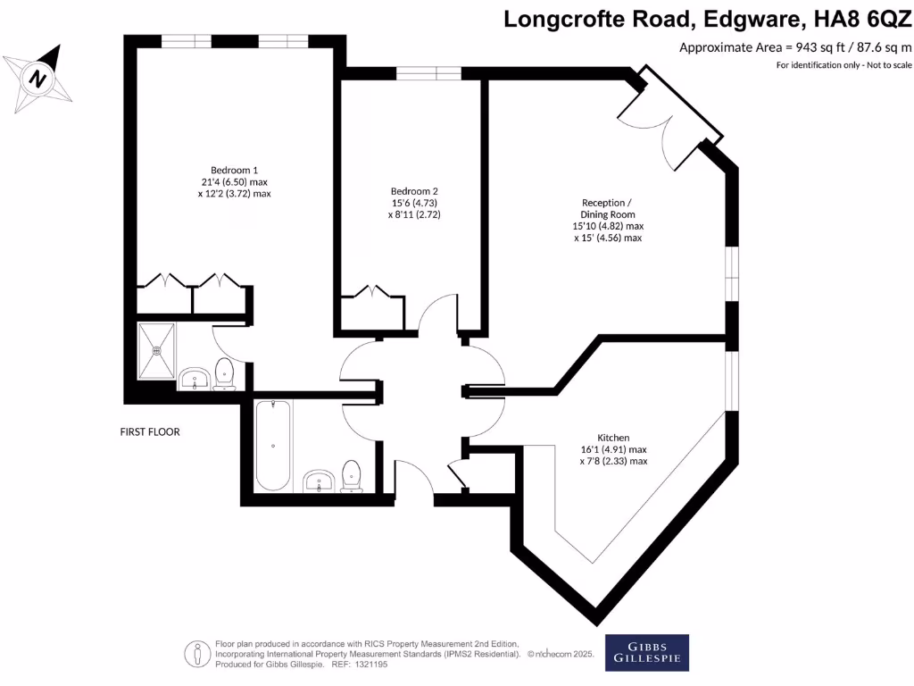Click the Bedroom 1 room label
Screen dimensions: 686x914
[x=234, y=170]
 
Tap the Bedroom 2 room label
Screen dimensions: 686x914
[x=414, y=191]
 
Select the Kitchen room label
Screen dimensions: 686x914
[x=613, y=438]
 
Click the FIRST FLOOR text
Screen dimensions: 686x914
[x=150, y=432]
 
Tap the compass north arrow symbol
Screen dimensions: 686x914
[x=38, y=78]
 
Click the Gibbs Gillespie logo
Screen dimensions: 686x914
[x=647, y=652]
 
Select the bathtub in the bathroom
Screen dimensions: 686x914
[x=272, y=446]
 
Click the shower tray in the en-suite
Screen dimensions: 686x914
[x=158, y=351]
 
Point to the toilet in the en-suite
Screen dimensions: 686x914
[x=225, y=374]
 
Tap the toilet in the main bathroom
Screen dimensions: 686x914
[x=351, y=475]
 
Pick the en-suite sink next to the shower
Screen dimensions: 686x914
[x=194, y=380]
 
